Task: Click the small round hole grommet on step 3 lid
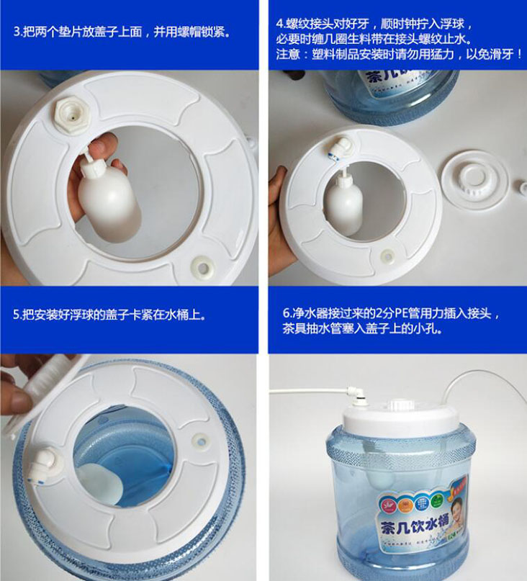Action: (202, 266)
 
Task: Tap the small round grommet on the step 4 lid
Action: (387, 256)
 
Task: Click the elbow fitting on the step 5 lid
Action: (42, 465)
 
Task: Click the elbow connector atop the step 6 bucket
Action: (354, 396)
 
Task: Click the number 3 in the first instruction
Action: (17, 32)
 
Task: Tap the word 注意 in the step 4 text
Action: (287, 55)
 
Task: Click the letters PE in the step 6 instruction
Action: (400, 313)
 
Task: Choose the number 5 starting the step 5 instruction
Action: (17, 315)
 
